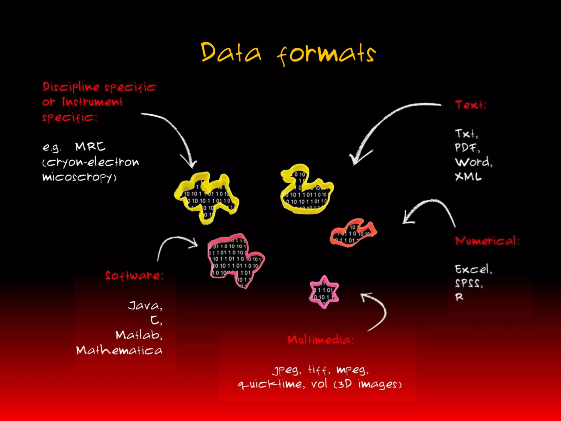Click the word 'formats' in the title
click(326, 54)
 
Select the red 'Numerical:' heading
click(487, 241)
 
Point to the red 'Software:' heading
click(134, 275)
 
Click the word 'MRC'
click(90, 147)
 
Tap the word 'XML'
click(468, 177)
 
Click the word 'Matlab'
click(138, 335)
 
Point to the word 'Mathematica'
click(119, 350)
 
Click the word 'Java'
click(144, 305)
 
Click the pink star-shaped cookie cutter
click(324, 292)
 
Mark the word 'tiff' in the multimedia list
click(318, 370)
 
